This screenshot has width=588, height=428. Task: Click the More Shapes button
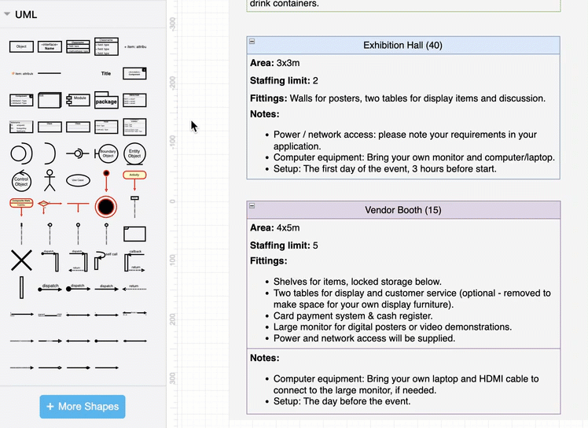tap(83, 406)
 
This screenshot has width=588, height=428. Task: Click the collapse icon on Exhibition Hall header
tap(252, 41)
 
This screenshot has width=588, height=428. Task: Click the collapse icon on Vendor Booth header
tap(252, 205)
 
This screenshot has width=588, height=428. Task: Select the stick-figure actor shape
tap(50, 180)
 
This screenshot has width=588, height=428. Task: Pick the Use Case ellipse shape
tap(78, 180)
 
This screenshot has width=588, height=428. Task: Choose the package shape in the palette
tap(106, 101)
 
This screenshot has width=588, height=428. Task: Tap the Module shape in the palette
tap(78, 101)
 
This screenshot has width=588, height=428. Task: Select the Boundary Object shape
tap(106, 153)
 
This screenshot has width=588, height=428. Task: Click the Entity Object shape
tap(134, 153)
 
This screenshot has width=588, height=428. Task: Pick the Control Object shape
tap(21, 180)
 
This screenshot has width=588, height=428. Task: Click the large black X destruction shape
tap(21, 260)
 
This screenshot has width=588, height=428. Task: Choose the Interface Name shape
tap(50, 47)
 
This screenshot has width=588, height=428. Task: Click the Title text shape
tap(106, 74)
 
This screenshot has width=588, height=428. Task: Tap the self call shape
tap(106, 260)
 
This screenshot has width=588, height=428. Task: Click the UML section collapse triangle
tap(7, 14)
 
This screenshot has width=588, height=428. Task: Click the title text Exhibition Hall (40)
tap(402, 45)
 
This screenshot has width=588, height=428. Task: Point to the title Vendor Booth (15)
tap(402, 210)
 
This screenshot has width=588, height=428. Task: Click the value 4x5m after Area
tap(288, 228)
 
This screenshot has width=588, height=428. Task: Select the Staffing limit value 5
tap(315, 245)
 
